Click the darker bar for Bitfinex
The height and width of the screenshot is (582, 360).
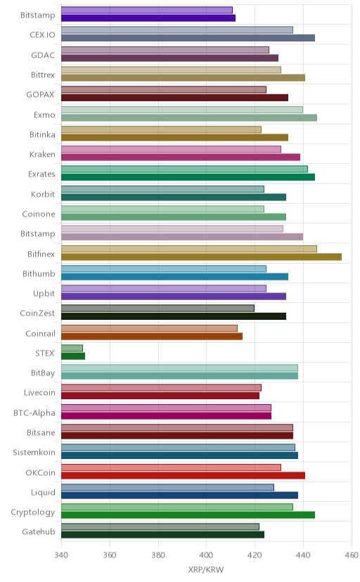point(201,257)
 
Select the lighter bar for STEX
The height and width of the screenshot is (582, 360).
point(72,348)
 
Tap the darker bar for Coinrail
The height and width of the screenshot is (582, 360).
point(152,336)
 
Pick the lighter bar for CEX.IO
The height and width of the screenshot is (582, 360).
point(177,30)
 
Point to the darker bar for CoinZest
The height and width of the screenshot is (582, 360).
point(173,316)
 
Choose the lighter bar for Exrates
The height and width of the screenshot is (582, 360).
point(184,169)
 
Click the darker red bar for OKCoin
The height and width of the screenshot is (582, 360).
point(183,475)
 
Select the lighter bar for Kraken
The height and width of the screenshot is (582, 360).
point(171,149)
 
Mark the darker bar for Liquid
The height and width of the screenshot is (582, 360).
point(179,495)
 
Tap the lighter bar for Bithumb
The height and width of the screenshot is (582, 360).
point(164,269)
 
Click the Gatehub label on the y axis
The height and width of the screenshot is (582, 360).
point(38,531)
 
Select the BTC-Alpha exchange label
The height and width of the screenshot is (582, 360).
point(34,413)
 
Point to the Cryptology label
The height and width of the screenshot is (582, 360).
point(32,512)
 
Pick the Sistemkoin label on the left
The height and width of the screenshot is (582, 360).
point(34,453)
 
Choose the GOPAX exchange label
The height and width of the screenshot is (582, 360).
point(41,95)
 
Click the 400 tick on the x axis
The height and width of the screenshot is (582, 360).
point(206,555)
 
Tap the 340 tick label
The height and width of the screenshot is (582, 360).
point(61,555)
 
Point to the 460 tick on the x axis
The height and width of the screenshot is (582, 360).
point(352,555)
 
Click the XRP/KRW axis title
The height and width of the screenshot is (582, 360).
point(206,570)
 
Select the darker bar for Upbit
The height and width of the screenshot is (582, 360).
point(173,296)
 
